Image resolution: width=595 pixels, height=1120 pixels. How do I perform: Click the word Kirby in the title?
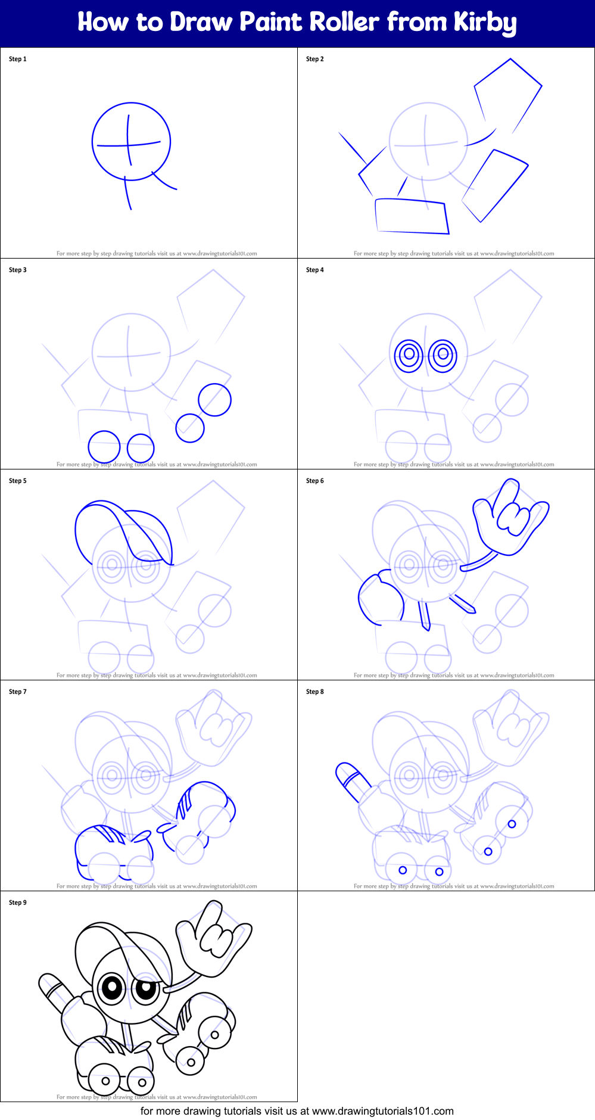[x=485, y=23]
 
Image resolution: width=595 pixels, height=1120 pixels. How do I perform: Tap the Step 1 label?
[x=18, y=59]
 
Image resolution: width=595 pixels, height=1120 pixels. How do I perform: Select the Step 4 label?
[x=315, y=270]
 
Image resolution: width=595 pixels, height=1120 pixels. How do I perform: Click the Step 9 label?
[x=18, y=903]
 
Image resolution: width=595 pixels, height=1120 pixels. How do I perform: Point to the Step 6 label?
[x=315, y=481]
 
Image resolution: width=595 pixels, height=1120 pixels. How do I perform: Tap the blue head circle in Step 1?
[x=131, y=142]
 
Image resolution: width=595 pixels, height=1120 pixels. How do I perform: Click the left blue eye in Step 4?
[x=409, y=356]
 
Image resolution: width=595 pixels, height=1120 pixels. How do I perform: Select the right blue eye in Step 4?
[x=443, y=356]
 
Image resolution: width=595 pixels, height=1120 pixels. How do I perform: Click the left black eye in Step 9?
[x=111, y=988]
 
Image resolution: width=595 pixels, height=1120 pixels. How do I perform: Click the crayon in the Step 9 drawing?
[x=55, y=991]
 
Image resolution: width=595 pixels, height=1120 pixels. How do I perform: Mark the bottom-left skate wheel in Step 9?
[x=105, y=1081]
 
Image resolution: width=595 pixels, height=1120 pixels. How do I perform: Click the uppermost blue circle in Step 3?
[x=214, y=399]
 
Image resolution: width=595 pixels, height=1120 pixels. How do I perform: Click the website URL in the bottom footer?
[x=382, y=1111]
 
